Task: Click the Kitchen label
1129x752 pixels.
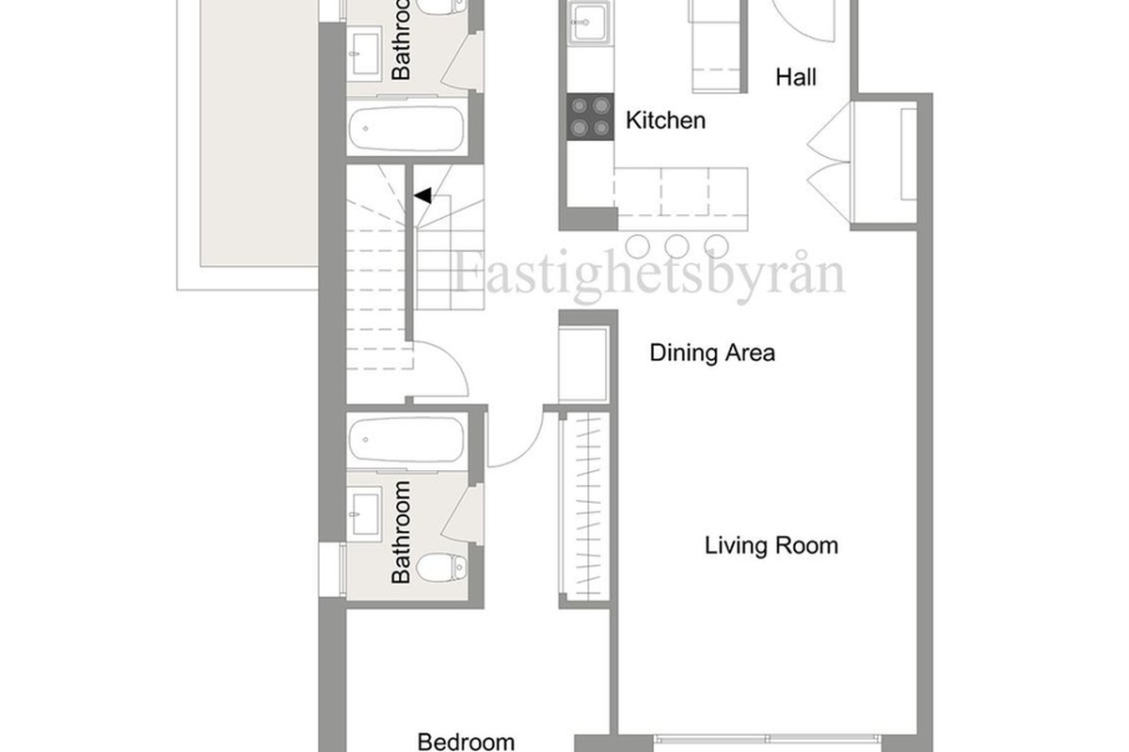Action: click(665, 120)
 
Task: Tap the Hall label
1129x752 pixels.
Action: click(796, 77)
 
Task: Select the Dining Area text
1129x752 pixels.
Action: click(712, 352)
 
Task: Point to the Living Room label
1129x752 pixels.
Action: click(771, 545)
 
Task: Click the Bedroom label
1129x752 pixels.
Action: click(467, 742)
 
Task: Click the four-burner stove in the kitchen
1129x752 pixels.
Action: click(590, 117)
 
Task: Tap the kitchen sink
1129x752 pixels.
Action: click(590, 23)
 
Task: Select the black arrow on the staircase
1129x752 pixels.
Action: click(422, 196)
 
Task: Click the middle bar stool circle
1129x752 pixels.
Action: click(676, 247)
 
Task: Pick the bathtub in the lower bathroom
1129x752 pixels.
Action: click(406, 440)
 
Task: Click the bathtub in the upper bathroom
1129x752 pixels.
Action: click(406, 129)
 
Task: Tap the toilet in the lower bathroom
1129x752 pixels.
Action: click(442, 568)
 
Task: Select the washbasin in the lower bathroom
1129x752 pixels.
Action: click(364, 514)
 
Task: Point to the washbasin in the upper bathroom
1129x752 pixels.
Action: click(364, 54)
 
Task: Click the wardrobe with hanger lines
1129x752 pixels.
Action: click(584, 507)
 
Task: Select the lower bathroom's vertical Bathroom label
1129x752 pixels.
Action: click(401, 532)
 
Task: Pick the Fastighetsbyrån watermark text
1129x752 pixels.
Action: click(649, 276)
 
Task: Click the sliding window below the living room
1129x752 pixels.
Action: click(767, 740)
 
